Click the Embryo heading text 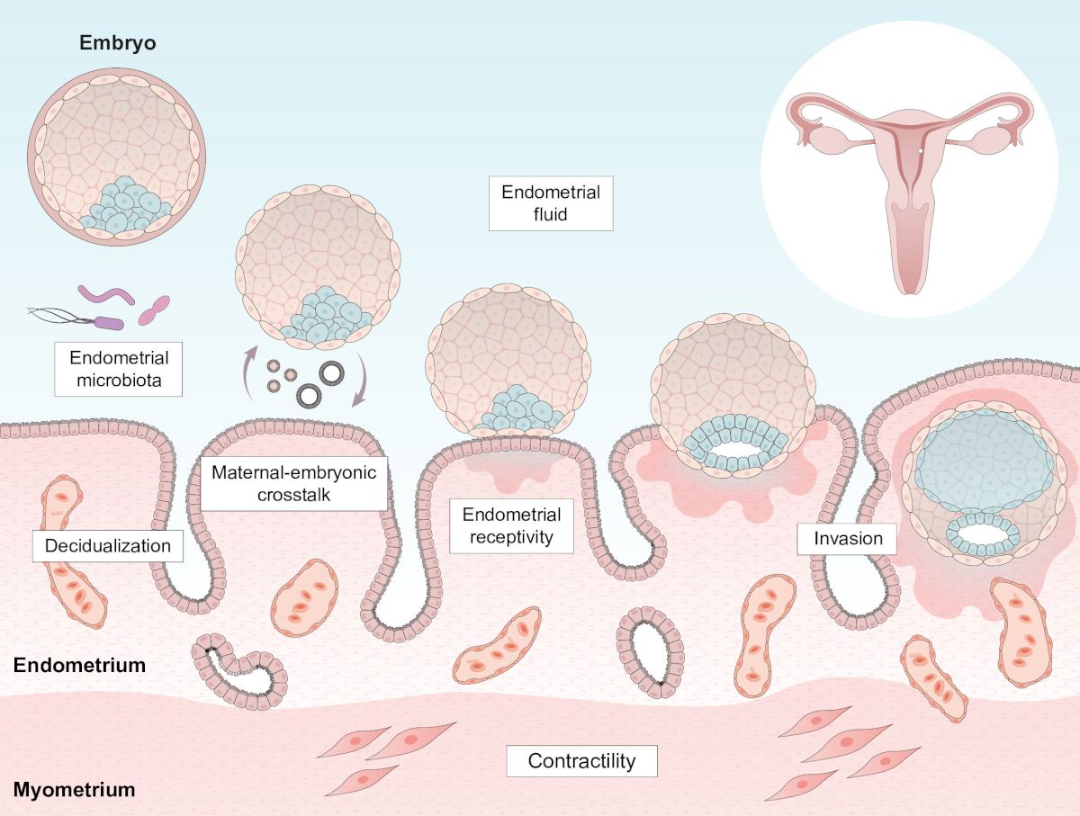[117, 42]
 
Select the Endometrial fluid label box [551, 203]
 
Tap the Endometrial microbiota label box [119, 367]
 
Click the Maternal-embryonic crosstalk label [293, 484]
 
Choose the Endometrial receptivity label [511, 526]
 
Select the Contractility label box [581, 761]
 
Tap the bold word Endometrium [79, 667]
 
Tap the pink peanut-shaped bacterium [154, 310]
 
